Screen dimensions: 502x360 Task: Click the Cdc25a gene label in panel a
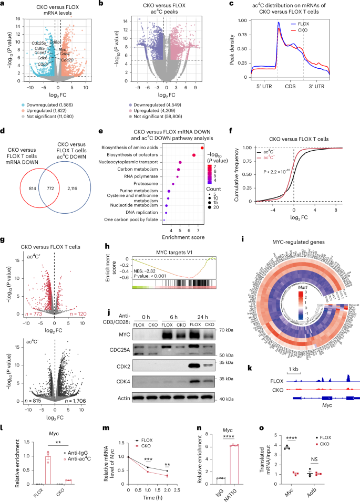[x=39, y=43]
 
